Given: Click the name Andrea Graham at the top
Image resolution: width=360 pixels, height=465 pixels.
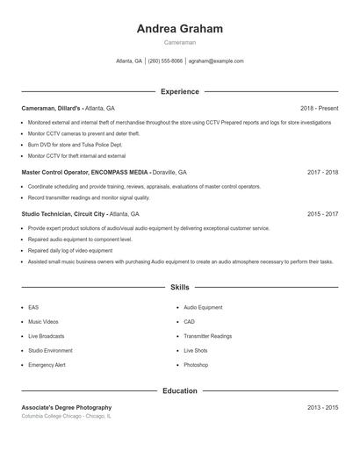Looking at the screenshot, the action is point(179,28).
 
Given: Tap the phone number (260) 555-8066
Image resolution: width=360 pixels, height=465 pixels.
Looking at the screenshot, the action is point(165,61).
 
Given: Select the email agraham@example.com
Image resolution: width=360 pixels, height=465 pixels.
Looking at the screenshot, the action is point(216,61).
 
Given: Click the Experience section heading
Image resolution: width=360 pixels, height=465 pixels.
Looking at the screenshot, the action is point(179,91).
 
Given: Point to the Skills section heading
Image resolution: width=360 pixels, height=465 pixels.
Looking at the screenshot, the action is point(179,287).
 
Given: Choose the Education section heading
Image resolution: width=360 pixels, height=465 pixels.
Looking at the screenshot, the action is point(179,390).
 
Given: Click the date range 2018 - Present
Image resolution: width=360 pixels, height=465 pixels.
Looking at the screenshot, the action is point(319,108).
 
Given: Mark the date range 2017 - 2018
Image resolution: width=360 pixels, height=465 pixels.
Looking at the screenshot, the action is point(322,173).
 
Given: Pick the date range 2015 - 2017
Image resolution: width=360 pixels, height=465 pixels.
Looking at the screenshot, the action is point(322,214).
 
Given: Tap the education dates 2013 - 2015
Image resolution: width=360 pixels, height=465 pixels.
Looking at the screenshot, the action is point(322,408).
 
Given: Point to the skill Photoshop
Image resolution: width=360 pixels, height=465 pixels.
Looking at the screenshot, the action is point(196,364).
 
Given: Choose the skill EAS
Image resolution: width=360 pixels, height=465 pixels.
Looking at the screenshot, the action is point(33,308).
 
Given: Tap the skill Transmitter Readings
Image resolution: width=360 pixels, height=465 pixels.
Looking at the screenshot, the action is point(207,336).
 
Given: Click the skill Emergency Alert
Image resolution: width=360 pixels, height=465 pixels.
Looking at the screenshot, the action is point(47,364).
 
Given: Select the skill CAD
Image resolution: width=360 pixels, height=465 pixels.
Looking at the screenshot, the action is point(189,322).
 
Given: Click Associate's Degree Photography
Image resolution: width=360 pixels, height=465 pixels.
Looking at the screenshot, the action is point(67,408).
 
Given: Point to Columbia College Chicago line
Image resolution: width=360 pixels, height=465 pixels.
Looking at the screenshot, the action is point(66,417).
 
